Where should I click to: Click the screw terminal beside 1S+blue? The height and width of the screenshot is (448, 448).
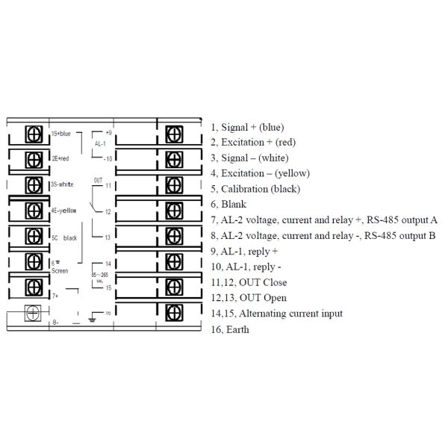pyautogui.click(x=34, y=134)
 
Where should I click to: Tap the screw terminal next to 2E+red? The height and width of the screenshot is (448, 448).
pyautogui.click(x=34, y=160)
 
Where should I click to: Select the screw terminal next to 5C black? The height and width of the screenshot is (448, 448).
pyautogui.click(x=34, y=236)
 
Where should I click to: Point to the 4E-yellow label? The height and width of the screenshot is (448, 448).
pyautogui.click(x=63, y=211)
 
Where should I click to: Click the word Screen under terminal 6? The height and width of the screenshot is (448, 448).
pyautogui.click(x=60, y=270)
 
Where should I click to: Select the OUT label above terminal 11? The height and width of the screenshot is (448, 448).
pyautogui.click(x=98, y=180)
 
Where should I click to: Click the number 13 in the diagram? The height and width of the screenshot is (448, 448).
pyautogui.click(x=108, y=237)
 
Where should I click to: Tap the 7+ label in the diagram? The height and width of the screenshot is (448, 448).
pyautogui.click(x=55, y=296)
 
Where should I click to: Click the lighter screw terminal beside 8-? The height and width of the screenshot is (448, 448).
pyautogui.click(x=31, y=313)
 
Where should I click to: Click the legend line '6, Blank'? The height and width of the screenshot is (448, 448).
pyautogui.click(x=228, y=205)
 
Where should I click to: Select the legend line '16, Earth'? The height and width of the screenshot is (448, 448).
pyautogui.click(x=230, y=329)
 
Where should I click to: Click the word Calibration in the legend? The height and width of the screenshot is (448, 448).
pyautogui.click(x=247, y=189)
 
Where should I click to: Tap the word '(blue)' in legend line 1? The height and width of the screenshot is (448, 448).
pyautogui.click(x=270, y=127)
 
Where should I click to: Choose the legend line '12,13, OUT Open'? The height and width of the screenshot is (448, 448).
pyautogui.click(x=249, y=298)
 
